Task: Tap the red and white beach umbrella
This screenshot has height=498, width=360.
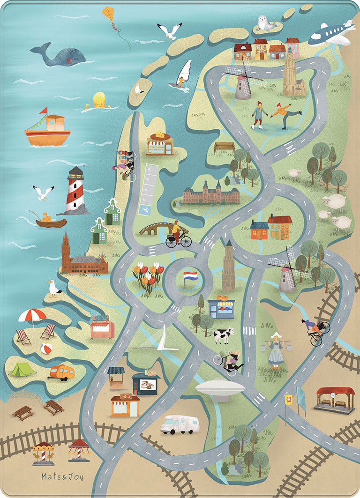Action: [32, 315]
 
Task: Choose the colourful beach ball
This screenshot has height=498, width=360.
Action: [46, 348]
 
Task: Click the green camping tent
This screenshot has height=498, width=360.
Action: [22, 369]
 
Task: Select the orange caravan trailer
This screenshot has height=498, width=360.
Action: [62, 372]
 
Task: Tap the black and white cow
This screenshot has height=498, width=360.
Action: [224, 335]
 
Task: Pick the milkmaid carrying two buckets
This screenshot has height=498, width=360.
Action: [276, 349]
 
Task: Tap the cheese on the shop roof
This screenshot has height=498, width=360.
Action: [161, 135]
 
